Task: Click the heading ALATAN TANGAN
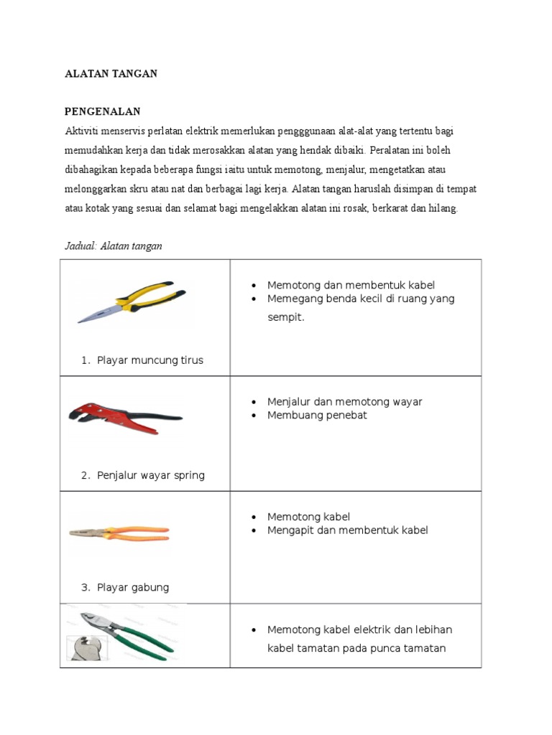point(111,74)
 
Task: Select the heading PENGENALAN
point(103,112)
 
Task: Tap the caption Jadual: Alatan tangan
point(114,246)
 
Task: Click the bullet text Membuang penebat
point(317,416)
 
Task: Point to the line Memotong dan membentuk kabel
point(351,285)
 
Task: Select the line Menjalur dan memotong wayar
point(344,402)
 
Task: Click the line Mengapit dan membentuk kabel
point(347,530)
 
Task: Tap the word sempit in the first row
point(286,317)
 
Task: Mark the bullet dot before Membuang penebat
point(254,416)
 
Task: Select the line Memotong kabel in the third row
point(308,517)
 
